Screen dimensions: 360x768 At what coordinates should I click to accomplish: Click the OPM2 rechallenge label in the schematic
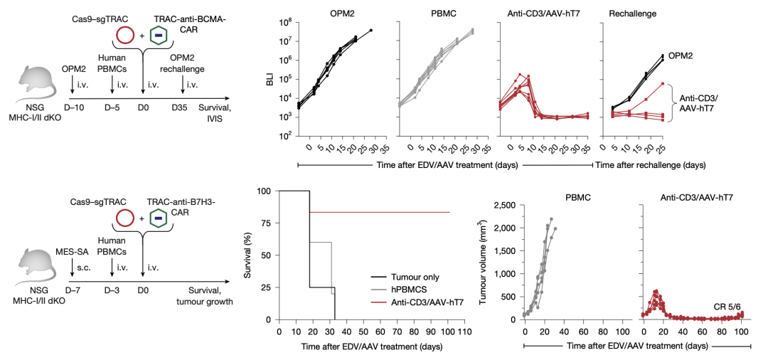(187, 63)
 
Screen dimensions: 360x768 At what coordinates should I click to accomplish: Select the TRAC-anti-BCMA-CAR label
(191, 21)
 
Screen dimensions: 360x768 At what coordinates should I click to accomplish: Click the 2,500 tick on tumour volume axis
(501, 206)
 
